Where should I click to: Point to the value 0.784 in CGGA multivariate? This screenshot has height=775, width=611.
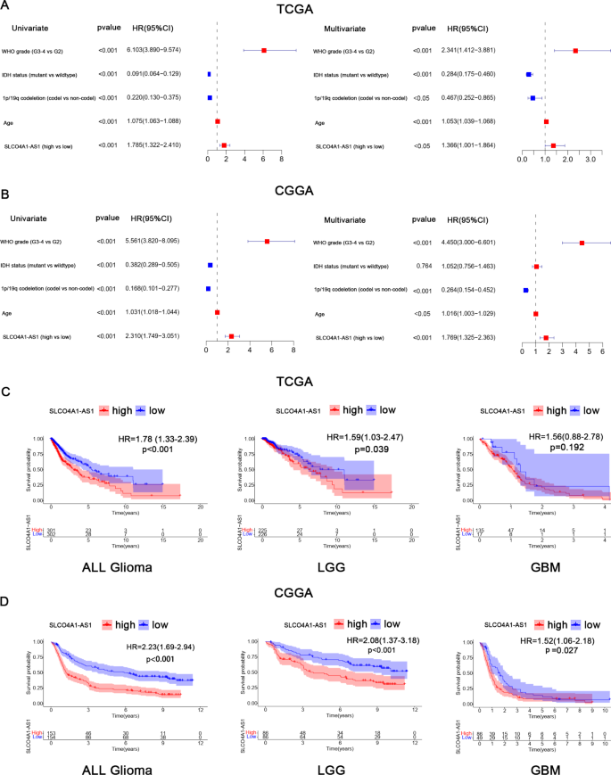click(x=418, y=265)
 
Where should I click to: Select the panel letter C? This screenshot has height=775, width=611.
click(x=6, y=367)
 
